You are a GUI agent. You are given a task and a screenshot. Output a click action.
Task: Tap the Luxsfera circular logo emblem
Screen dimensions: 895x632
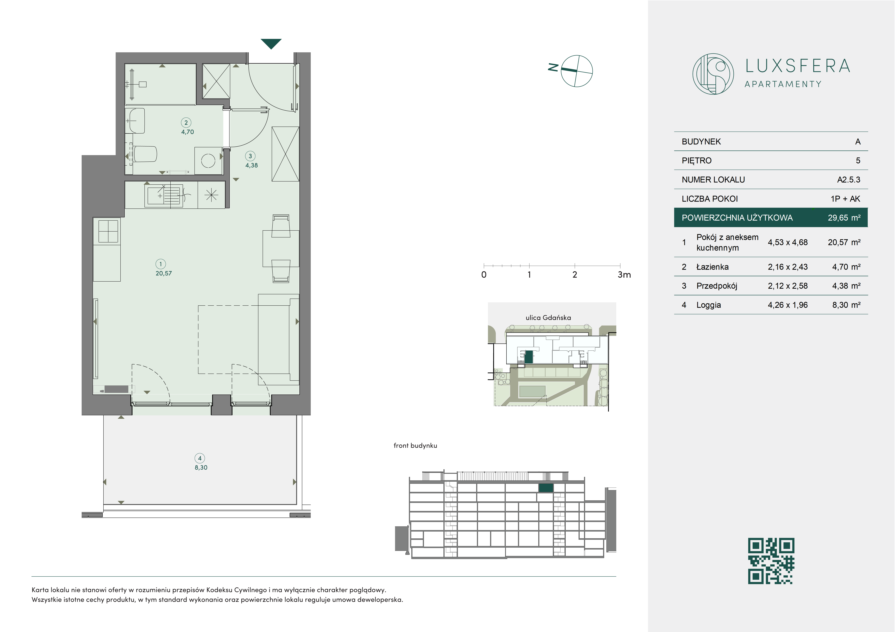point(713,74)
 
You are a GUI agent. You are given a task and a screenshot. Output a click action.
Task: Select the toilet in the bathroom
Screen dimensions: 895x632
point(144,154)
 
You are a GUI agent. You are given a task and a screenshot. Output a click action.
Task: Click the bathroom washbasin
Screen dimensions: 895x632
point(136,121)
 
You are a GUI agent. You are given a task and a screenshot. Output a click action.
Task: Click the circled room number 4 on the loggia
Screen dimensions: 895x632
point(200,458)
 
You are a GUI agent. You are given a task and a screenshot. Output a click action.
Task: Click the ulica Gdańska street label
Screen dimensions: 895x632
point(548,318)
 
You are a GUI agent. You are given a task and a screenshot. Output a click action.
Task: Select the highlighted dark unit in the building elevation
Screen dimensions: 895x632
point(546,488)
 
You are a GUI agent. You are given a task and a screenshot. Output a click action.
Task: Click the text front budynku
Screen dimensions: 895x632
point(415,445)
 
